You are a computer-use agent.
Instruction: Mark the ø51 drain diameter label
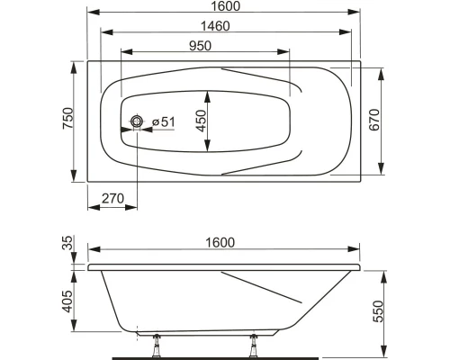click(x=162, y=121)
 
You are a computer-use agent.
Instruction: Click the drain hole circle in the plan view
click(x=137, y=121)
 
